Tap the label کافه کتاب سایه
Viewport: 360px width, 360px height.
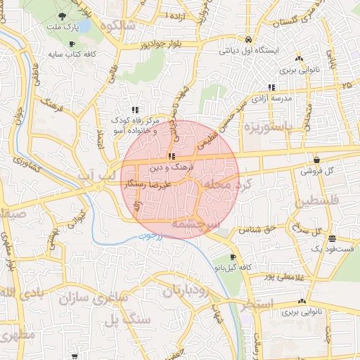(72, 53)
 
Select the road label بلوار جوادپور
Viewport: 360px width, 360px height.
(144, 44)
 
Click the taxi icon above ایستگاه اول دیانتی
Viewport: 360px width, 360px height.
(250, 40)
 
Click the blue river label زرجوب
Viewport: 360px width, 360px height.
(149, 237)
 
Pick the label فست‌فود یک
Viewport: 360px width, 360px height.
(333, 249)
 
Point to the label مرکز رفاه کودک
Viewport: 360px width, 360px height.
(137, 120)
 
